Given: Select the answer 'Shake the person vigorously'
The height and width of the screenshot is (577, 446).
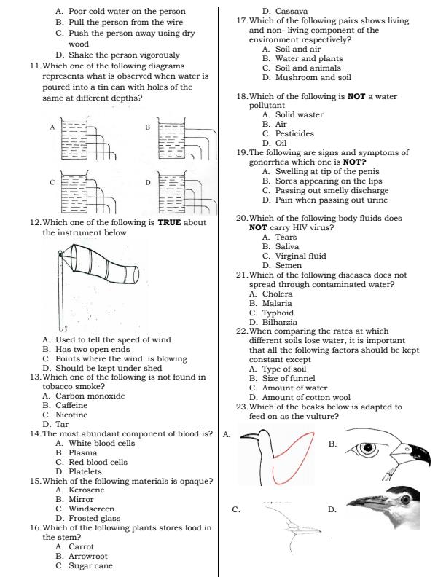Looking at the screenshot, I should click(118, 55).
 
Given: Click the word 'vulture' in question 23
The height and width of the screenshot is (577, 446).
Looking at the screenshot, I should click(321, 417).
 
